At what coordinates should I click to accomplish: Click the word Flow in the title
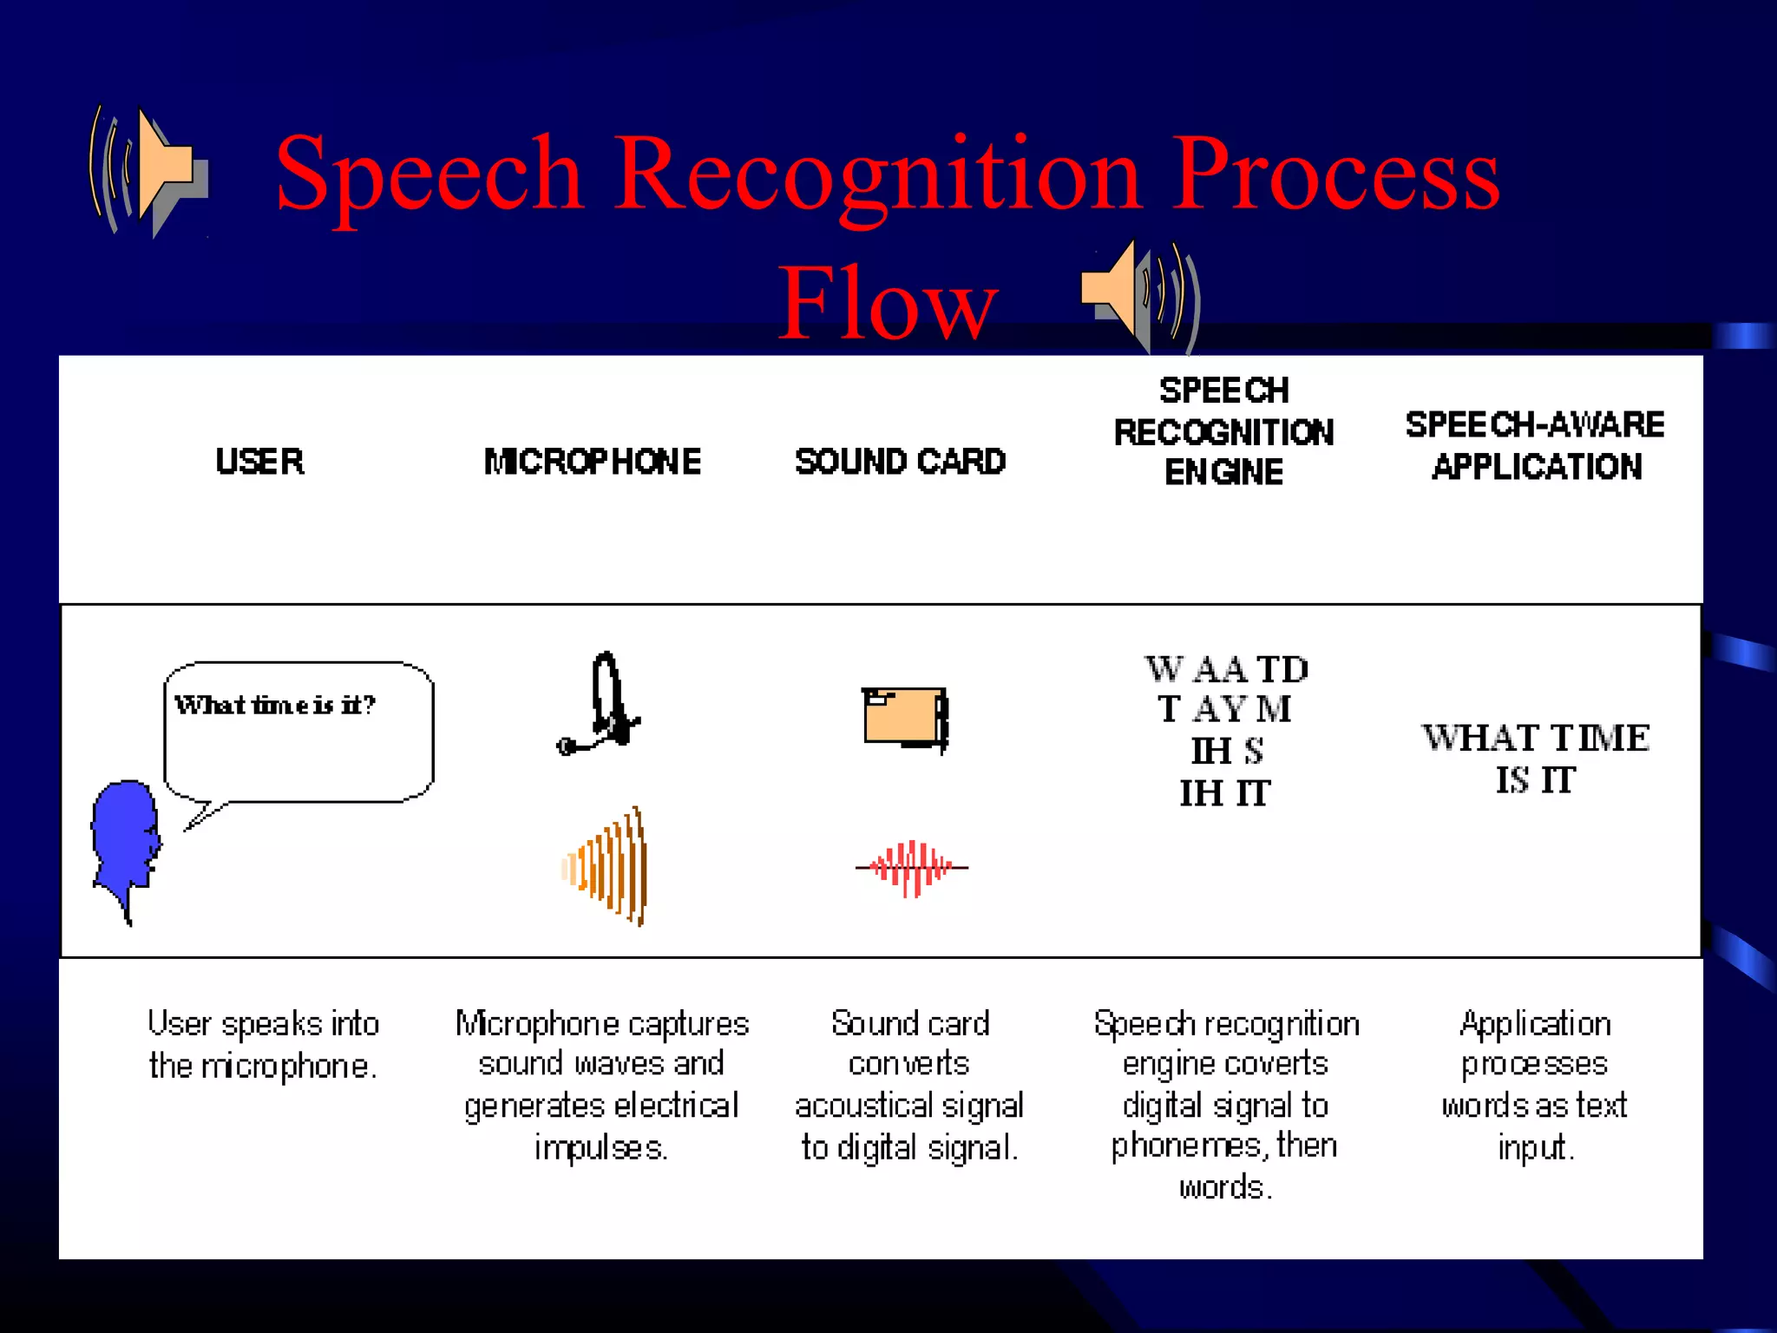(887, 304)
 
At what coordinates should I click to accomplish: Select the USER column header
(259, 461)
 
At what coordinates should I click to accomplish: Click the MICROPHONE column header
(592, 461)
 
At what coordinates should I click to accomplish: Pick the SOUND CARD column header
(900, 461)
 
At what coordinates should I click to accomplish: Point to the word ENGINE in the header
(1223, 472)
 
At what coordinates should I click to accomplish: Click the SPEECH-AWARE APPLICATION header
(1535, 445)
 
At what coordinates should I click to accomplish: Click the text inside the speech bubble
(275, 705)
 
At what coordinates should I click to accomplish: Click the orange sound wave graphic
(607, 867)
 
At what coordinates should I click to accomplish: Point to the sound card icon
(904, 718)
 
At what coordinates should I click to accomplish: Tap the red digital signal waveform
(911, 867)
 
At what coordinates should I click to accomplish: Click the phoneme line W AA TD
(1225, 669)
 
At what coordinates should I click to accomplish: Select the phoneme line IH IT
(1224, 793)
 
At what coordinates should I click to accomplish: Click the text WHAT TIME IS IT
(1535, 758)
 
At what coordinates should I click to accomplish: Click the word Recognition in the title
(877, 174)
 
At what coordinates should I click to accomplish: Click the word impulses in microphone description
(600, 1147)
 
